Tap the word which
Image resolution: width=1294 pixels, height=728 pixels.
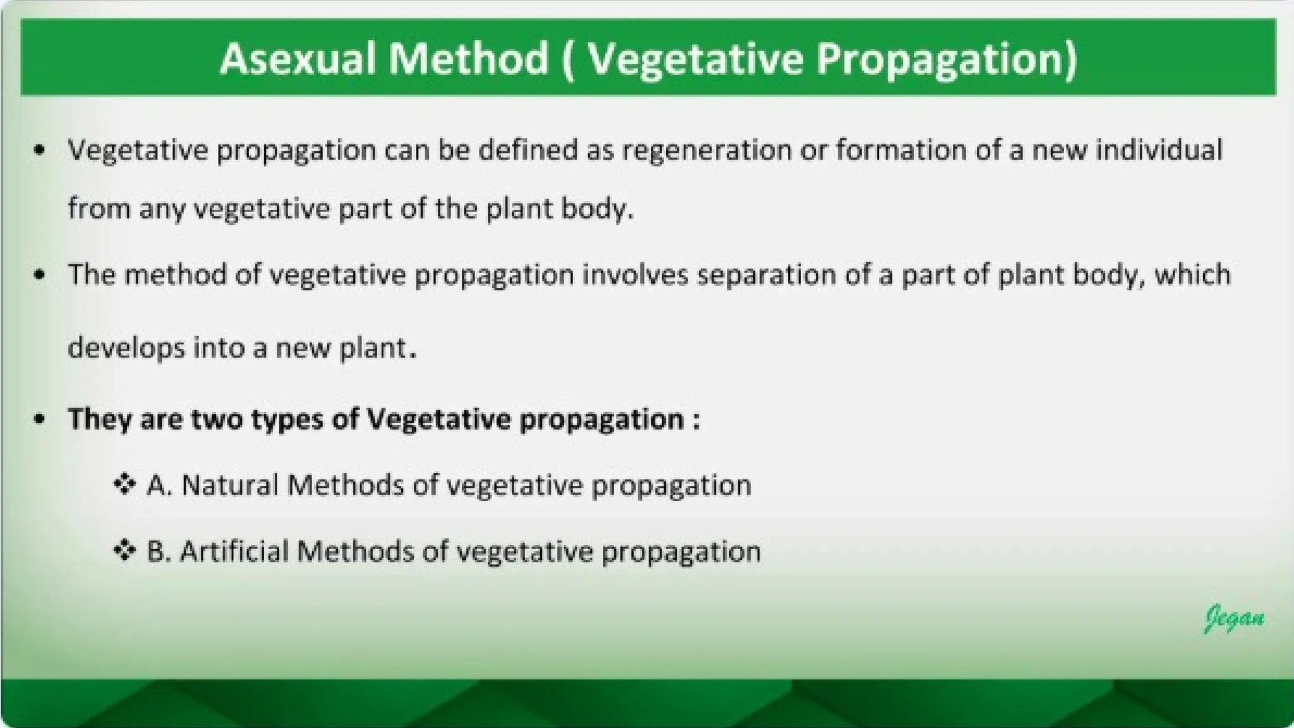pyautogui.click(x=1193, y=275)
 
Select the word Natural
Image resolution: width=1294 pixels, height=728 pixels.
pyautogui.click(x=230, y=485)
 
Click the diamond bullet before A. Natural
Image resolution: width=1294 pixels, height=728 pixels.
pyautogui.click(x=124, y=485)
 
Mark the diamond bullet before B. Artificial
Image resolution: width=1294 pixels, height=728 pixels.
pyautogui.click(x=124, y=551)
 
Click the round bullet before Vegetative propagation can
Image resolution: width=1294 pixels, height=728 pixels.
pyautogui.click(x=40, y=150)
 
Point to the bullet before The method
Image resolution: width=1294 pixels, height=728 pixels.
pyautogui.click(x=40, y=275)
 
